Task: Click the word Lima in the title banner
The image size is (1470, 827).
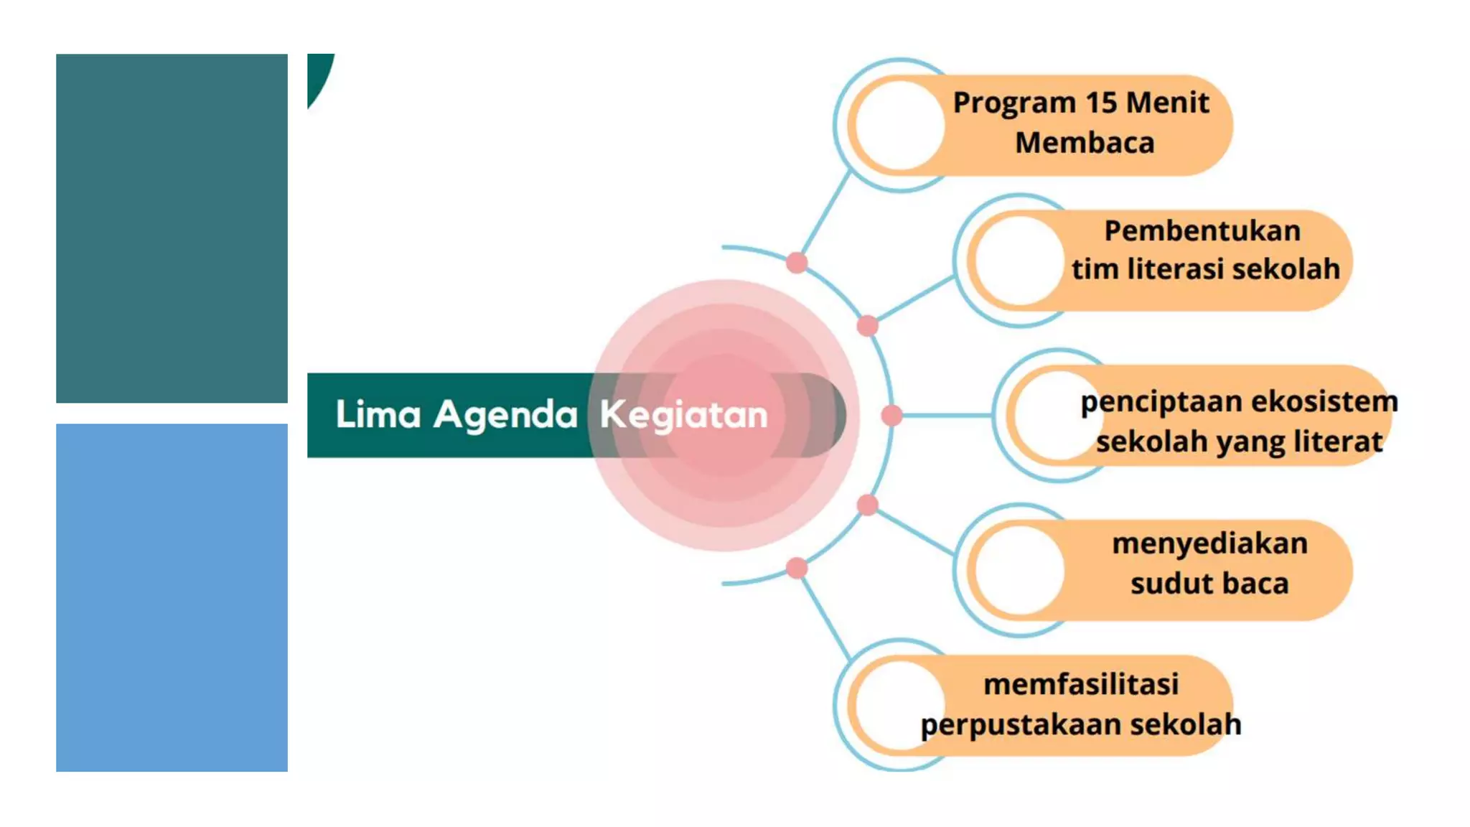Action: [x=378, y=415]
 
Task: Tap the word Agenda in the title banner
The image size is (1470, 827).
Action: [x=505, y=415]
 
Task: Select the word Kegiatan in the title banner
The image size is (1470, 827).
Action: [x=683, y=415]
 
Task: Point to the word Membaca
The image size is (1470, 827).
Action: [x=1085, y=143]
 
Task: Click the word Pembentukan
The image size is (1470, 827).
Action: [x=1202, y=231]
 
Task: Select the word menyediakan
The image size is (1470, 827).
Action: [x=1210, y=543]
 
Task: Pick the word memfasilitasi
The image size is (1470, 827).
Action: [x=1081, y=684]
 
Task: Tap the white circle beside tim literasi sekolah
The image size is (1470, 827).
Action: [x=1019, y=261]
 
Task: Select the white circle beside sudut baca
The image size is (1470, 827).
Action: [x=1019, y=570]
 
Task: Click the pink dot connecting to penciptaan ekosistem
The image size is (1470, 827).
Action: [x=891, y=415]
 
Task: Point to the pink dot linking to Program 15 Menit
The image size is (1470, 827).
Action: [x=796, y=263]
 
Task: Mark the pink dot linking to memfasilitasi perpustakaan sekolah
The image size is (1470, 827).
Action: [x=796, y=568]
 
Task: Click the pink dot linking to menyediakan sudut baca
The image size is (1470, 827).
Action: [x=867, y=505]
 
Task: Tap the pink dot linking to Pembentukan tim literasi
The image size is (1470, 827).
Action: [x=867, y=325]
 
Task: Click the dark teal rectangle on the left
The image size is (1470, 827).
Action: [x=172, y=228]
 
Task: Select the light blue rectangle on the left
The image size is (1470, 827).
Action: [x=172, y=597]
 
